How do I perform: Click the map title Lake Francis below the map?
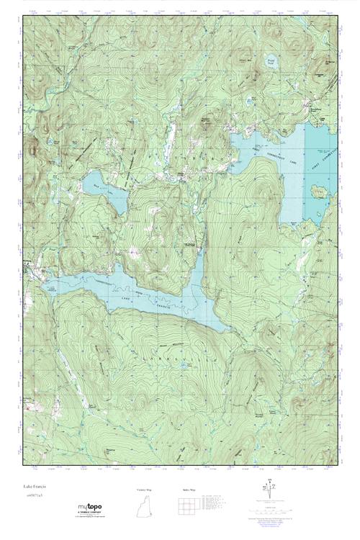[x=35, y=488]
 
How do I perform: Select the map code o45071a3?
[x=33, y=496]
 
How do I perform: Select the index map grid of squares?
[x=188, y=503]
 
